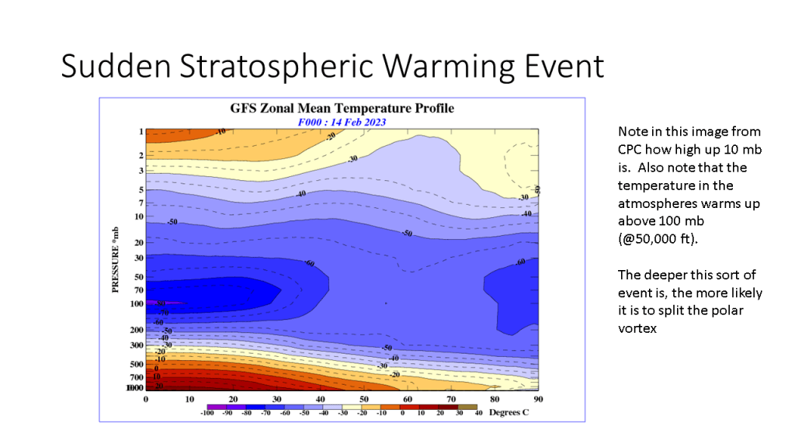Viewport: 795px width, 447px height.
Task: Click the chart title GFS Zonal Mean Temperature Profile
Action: coord(342,109)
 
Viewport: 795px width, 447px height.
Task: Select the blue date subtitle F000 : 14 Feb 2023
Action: coord(342,122)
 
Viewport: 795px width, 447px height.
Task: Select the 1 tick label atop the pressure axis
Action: coord(141,132)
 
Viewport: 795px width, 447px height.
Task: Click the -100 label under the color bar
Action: coord(207,414)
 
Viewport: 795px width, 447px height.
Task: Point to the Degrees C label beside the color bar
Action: coord(509,413)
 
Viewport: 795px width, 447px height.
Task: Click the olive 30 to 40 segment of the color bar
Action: coord(467,406)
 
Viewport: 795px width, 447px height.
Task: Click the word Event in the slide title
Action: coord(563,67)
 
